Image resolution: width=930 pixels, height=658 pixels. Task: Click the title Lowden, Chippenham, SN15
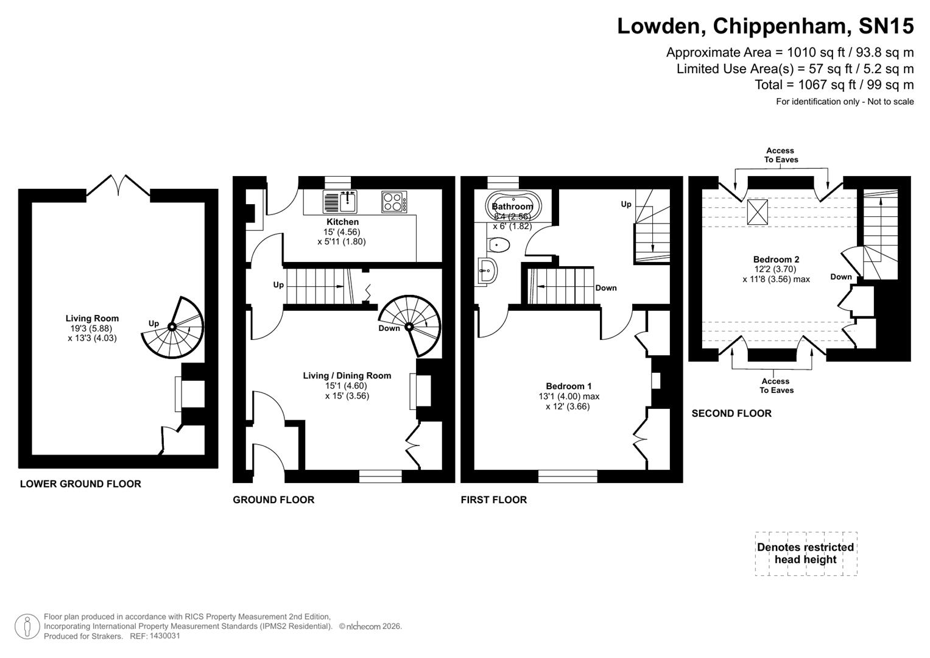click(765, 26)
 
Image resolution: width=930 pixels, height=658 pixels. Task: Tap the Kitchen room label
click(342, 222)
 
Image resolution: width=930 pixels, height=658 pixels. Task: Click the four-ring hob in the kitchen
click(395, 202)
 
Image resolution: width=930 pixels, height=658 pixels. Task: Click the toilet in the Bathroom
click(499, 245)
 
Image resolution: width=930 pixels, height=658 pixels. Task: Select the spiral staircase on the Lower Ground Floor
click(172, 327)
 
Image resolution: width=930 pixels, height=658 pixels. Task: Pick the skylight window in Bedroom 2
click(758, 212)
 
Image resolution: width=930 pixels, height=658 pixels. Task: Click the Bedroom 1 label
click(568, 386)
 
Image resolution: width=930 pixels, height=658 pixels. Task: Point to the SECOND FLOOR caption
click(731, 414)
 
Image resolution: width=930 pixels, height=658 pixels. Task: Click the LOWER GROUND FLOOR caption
click(80, 484)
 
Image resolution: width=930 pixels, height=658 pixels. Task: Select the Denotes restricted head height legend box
click(805, 553)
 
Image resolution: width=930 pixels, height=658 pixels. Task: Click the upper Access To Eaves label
click(780, 155)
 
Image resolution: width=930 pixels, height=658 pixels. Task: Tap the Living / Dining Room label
click(347, 376)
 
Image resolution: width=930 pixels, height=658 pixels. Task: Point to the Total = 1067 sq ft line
click(834, 85)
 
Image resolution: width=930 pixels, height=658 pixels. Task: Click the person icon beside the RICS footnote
click(27, 627)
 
